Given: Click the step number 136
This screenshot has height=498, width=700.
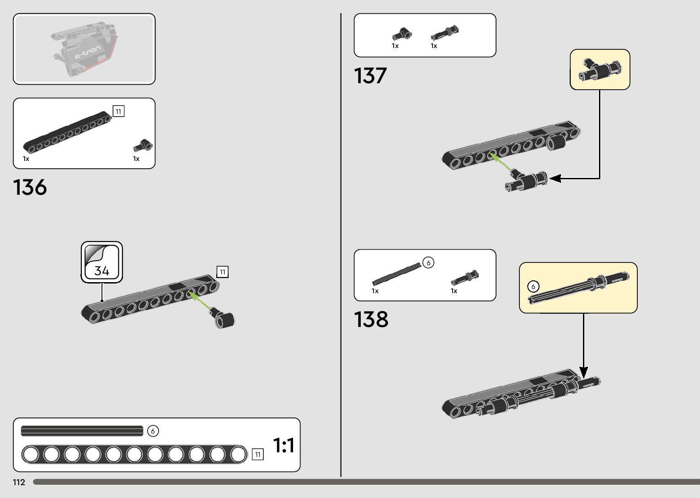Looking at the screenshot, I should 30,187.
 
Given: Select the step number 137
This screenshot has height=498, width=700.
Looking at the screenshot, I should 370,76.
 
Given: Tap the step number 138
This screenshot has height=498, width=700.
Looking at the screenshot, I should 371,319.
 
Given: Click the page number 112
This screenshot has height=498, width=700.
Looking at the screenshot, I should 19,482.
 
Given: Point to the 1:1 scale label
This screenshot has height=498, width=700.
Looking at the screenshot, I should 283,445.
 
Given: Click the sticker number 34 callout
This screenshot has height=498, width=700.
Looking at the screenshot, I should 102,262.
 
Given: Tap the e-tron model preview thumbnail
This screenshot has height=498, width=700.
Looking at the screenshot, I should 84,49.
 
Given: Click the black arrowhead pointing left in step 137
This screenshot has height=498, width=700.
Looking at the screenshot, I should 555,178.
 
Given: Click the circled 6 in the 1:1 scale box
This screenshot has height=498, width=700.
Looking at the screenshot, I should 153,431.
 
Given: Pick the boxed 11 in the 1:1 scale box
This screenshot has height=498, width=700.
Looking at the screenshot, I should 258,454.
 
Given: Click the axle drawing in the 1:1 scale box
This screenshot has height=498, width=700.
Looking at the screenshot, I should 82,431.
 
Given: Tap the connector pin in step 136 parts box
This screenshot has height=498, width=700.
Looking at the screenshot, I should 144,145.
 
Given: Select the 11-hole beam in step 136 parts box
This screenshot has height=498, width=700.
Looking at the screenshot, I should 68,133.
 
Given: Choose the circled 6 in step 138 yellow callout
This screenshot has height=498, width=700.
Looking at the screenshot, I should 533,287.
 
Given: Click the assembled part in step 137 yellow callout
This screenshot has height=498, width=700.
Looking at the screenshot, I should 599,69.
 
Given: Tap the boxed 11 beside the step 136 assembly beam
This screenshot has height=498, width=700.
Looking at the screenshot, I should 223,272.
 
